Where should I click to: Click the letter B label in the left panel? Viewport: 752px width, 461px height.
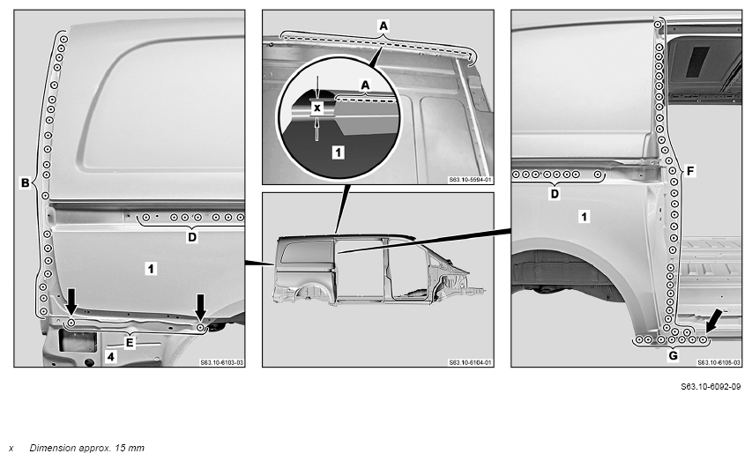26,182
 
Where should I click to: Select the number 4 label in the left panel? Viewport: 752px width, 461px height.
111,356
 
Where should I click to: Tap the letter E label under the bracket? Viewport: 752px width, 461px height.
130,343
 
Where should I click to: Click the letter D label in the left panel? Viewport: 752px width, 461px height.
192,237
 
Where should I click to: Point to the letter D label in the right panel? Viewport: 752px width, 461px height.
555,194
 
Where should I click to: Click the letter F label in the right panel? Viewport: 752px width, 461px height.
689,171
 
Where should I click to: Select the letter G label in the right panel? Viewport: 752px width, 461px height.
673,355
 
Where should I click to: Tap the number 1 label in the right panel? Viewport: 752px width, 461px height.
584,217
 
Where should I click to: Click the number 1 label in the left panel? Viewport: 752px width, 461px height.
151,269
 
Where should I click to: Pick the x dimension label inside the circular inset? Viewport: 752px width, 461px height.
316,108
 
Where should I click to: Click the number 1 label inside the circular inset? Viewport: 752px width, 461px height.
339,152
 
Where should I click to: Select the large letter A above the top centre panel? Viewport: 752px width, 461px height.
383,26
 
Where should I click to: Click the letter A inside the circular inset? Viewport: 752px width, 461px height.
366,85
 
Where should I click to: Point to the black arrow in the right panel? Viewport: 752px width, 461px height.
713,320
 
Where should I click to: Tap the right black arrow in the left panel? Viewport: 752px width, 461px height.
200,308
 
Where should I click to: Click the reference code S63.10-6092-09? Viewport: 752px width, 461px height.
711,387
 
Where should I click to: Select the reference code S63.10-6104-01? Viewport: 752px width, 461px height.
470,362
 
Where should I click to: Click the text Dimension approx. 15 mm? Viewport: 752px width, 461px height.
86,448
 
